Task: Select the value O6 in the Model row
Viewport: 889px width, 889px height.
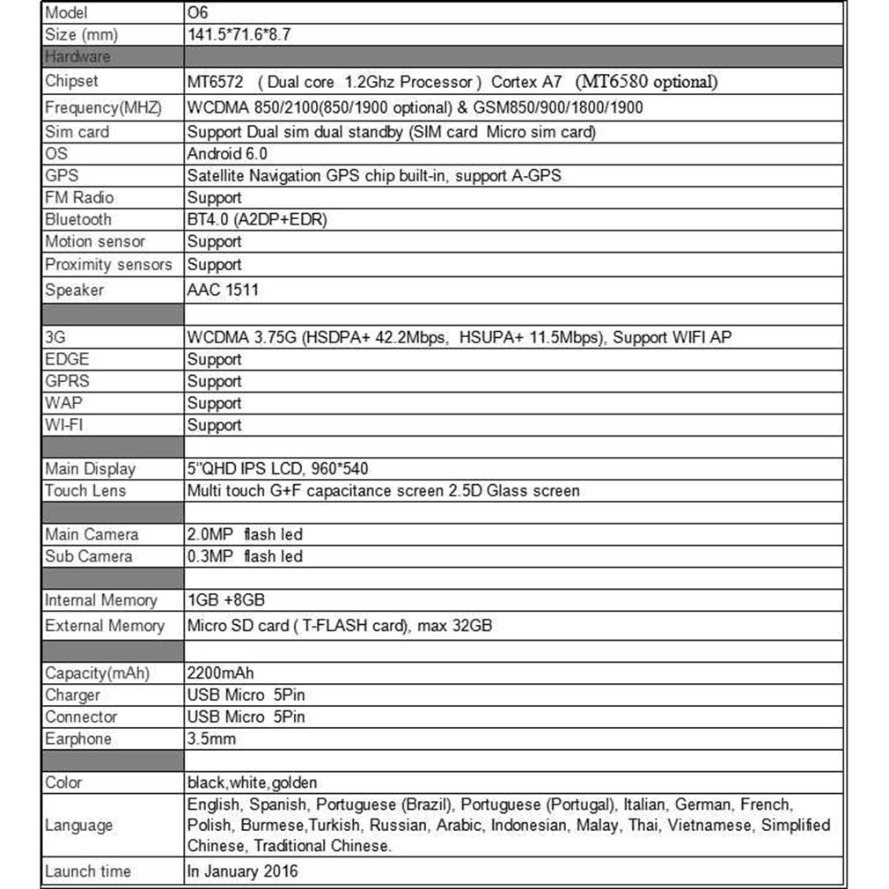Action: (197, 13)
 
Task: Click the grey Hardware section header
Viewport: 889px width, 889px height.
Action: (77, 57)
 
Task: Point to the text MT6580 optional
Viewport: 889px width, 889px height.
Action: (647, 82)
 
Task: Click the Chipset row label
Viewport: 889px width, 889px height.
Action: (71, 82)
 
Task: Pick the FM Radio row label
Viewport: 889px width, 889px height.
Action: (79, 197)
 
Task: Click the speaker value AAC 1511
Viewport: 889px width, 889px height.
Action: (223, 290)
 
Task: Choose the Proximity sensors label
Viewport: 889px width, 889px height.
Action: (108, 264)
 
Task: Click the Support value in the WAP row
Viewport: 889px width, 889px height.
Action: (214, 403)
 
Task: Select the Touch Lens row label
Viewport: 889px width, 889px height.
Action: (84, 490)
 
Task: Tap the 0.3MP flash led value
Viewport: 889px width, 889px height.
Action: (245, 556)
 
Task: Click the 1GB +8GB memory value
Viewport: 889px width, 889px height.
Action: (226, 600)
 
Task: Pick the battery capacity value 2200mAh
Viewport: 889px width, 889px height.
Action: (221, 673)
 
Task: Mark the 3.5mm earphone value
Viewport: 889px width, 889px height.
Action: (211, 738)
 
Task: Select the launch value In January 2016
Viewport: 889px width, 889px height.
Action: (242, 871)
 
